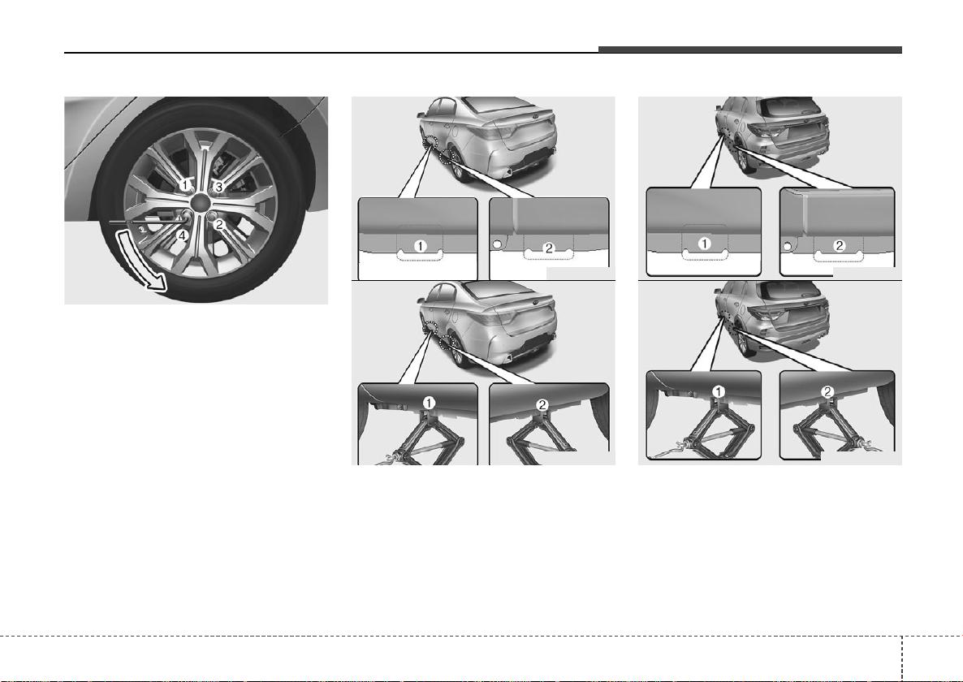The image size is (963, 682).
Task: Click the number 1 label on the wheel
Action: (x=185, y=184)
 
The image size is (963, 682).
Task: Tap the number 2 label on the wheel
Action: (x=218, y=224)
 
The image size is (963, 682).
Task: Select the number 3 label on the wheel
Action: (x=218, y=187)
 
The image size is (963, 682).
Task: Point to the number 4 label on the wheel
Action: (x=181, y=235)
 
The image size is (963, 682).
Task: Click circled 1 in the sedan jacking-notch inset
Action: (x=420, y=246)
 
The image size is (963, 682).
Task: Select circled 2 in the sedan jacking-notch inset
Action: (x=548, y=248)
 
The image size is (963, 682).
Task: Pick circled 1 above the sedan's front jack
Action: (x=429, y=403)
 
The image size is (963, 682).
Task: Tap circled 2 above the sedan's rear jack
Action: (x=542, y=404)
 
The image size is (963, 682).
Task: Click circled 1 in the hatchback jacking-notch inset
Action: (x=705, y=244)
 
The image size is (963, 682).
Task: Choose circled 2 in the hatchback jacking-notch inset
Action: (x=839, y=245)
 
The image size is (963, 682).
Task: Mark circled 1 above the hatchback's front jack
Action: (x=717, y=391)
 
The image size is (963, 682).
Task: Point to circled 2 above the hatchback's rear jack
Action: (x=828, y=391)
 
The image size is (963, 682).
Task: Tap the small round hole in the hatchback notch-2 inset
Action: (x=786, y=248)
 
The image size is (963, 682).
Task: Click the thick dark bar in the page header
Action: (x=750, y=50)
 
